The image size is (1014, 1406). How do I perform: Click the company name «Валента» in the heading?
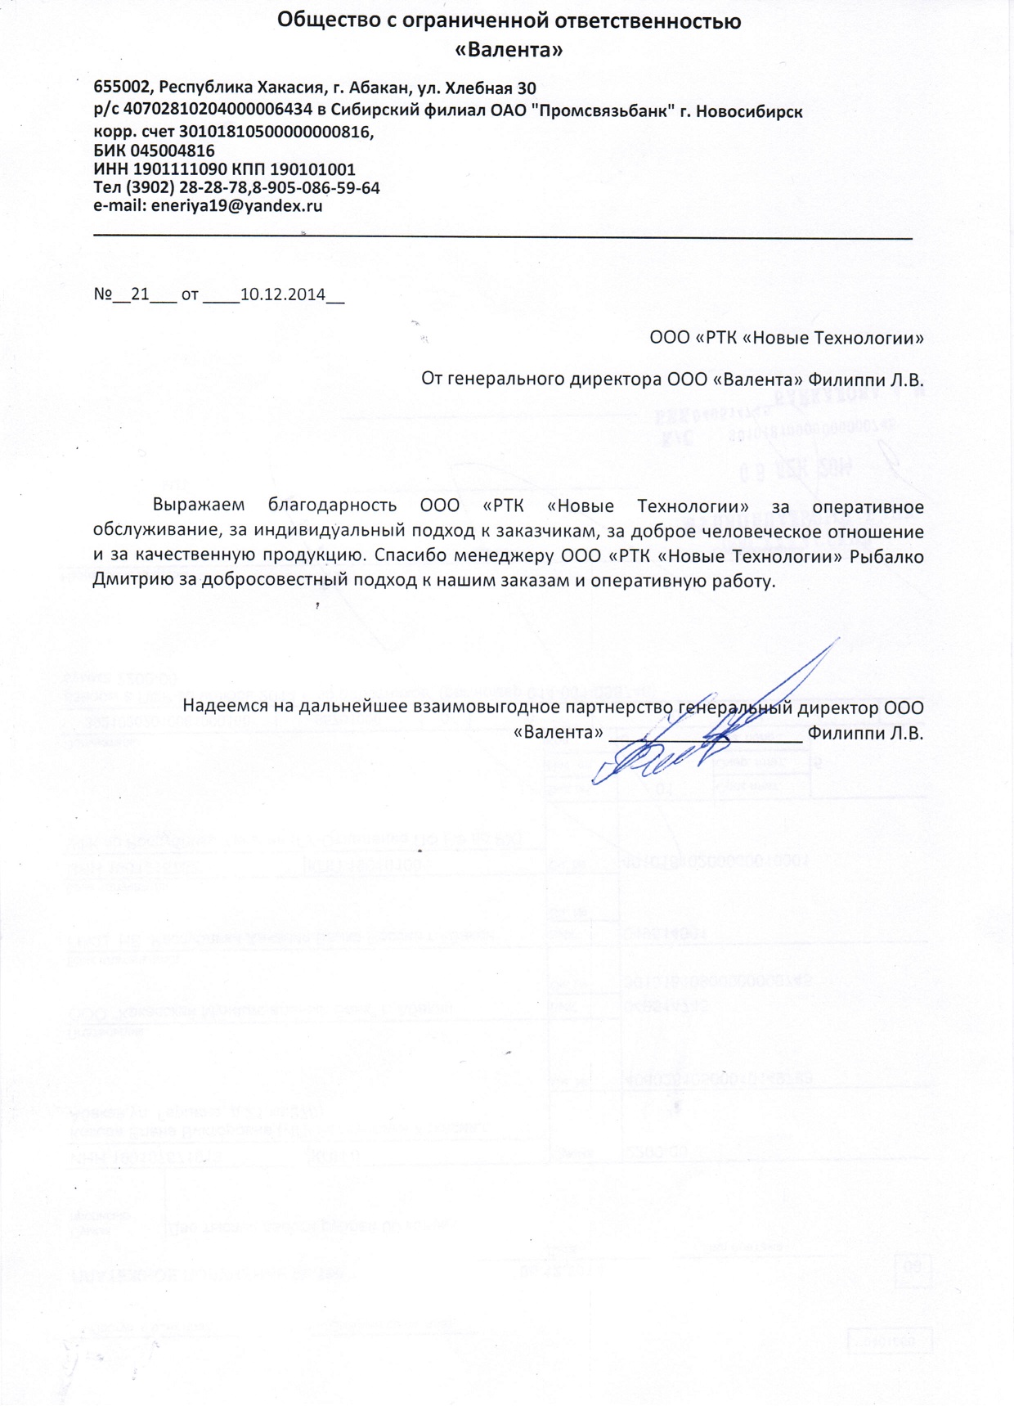click(x=509, y=50)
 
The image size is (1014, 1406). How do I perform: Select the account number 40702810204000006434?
click(x=218, y=110)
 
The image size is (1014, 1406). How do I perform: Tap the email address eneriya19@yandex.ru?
click(x=236, y=206)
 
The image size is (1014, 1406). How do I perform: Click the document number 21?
click(x=140, y=294)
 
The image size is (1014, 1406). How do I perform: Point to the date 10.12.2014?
click(x=283, y=294)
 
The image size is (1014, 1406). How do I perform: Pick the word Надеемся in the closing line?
click(x=226, y=706)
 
